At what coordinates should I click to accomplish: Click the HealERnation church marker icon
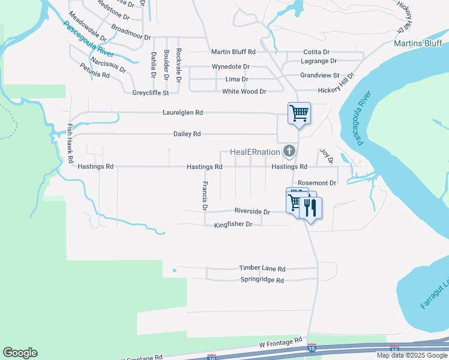click(x=290, y=151)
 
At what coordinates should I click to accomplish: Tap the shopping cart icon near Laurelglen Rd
click(x=298, y=113)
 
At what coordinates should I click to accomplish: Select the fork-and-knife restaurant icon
click(x=310, y=208)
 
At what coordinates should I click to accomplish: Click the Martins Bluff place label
click(x=418, y=43)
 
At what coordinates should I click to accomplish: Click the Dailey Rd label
click(x=187, y=134)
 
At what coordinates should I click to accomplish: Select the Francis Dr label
click(x=205, y=196)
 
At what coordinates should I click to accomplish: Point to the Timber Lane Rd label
click(x=262, y=269)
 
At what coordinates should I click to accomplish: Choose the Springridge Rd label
click(x=262, y=280)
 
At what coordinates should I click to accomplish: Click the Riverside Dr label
click(x=252, y=212)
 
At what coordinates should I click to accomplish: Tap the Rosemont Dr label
click(x=317, y=182)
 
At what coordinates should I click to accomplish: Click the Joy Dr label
click(x=326, y=157)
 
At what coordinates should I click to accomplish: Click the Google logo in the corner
click(x=20, y=353)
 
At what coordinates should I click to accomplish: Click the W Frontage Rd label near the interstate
click(x=280, y=342)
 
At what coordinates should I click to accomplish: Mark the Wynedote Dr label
click(x=231, y=67)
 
